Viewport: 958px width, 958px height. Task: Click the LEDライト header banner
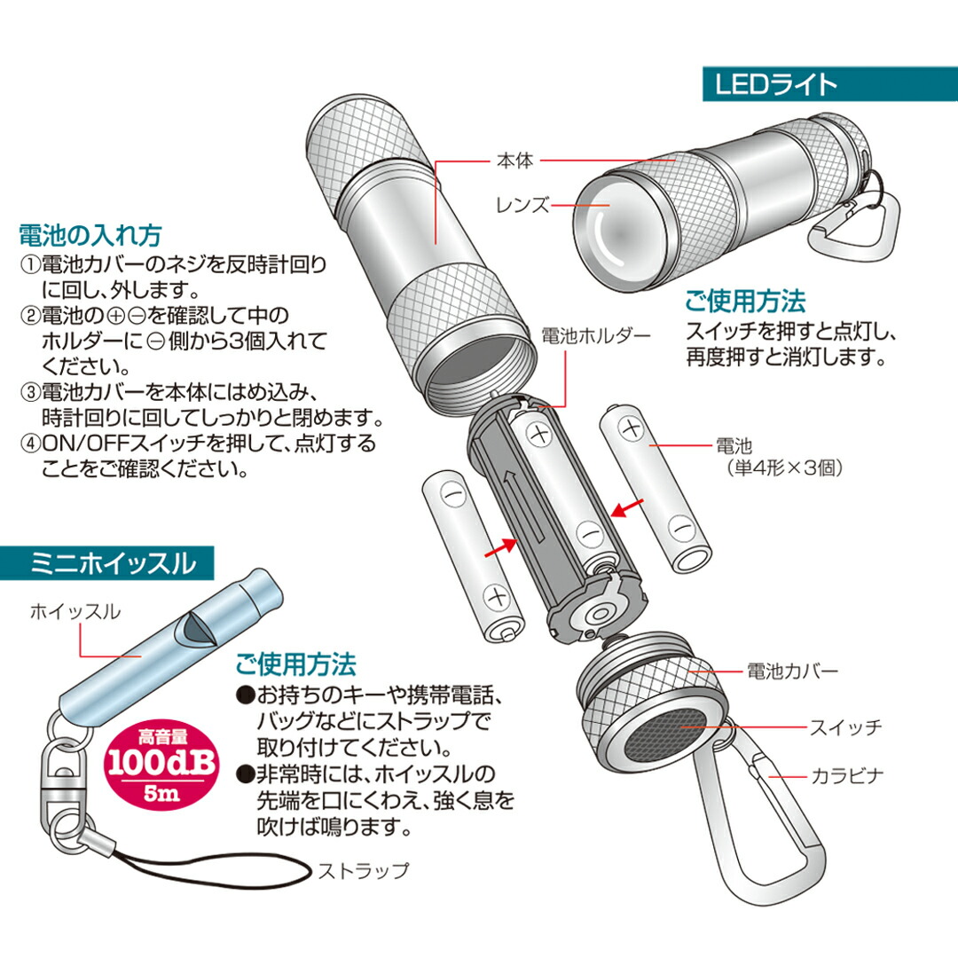click(x=830, y=83)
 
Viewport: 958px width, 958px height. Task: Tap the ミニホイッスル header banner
click(x=107, y=563)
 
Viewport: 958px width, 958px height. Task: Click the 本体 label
click(x=515, y=161)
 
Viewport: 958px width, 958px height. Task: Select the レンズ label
click(x=523, y=205)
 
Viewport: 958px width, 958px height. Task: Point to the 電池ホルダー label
click(x=596, y=336)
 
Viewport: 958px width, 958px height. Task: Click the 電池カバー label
click(x=792, y=671)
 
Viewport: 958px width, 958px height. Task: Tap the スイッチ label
click(x=845, y=727)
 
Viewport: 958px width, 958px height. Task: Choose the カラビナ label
click(x=847, y=776)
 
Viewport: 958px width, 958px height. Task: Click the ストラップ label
click(x=363, y=871)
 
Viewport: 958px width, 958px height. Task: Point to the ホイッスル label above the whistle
click(x=75, y=611)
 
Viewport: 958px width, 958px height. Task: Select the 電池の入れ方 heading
click(x=90, y=235)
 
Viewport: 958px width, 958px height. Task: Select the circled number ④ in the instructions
click(x=30, y=444)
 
